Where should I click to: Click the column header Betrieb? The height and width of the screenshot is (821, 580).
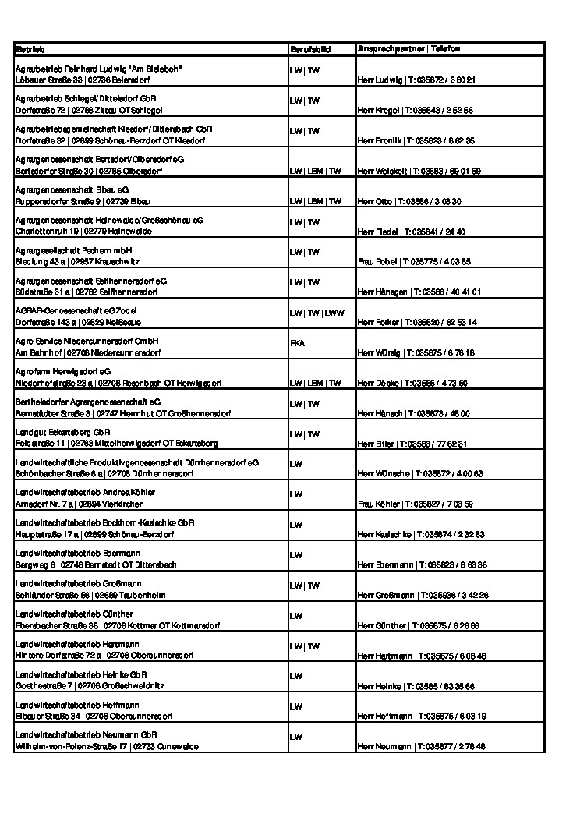click(30, 49)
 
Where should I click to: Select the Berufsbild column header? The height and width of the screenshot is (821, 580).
click(310, 49)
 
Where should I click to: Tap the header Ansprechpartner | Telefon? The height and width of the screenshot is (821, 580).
click(408, 49)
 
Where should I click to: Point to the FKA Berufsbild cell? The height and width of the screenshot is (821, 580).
click(297, 342)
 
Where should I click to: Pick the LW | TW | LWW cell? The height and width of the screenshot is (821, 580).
click(316, 313)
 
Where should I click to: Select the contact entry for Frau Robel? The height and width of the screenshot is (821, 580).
click(413, 261)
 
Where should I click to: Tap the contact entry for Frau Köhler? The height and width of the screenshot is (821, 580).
click(415, 504)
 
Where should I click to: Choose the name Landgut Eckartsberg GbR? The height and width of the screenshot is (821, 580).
click(63, 432)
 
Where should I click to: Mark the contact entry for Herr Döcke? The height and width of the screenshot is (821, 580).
click(412, 383)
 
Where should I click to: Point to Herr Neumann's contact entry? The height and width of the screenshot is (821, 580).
click(421, 746)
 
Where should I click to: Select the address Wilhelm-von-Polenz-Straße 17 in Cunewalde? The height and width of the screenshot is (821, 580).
click(107, 746)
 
